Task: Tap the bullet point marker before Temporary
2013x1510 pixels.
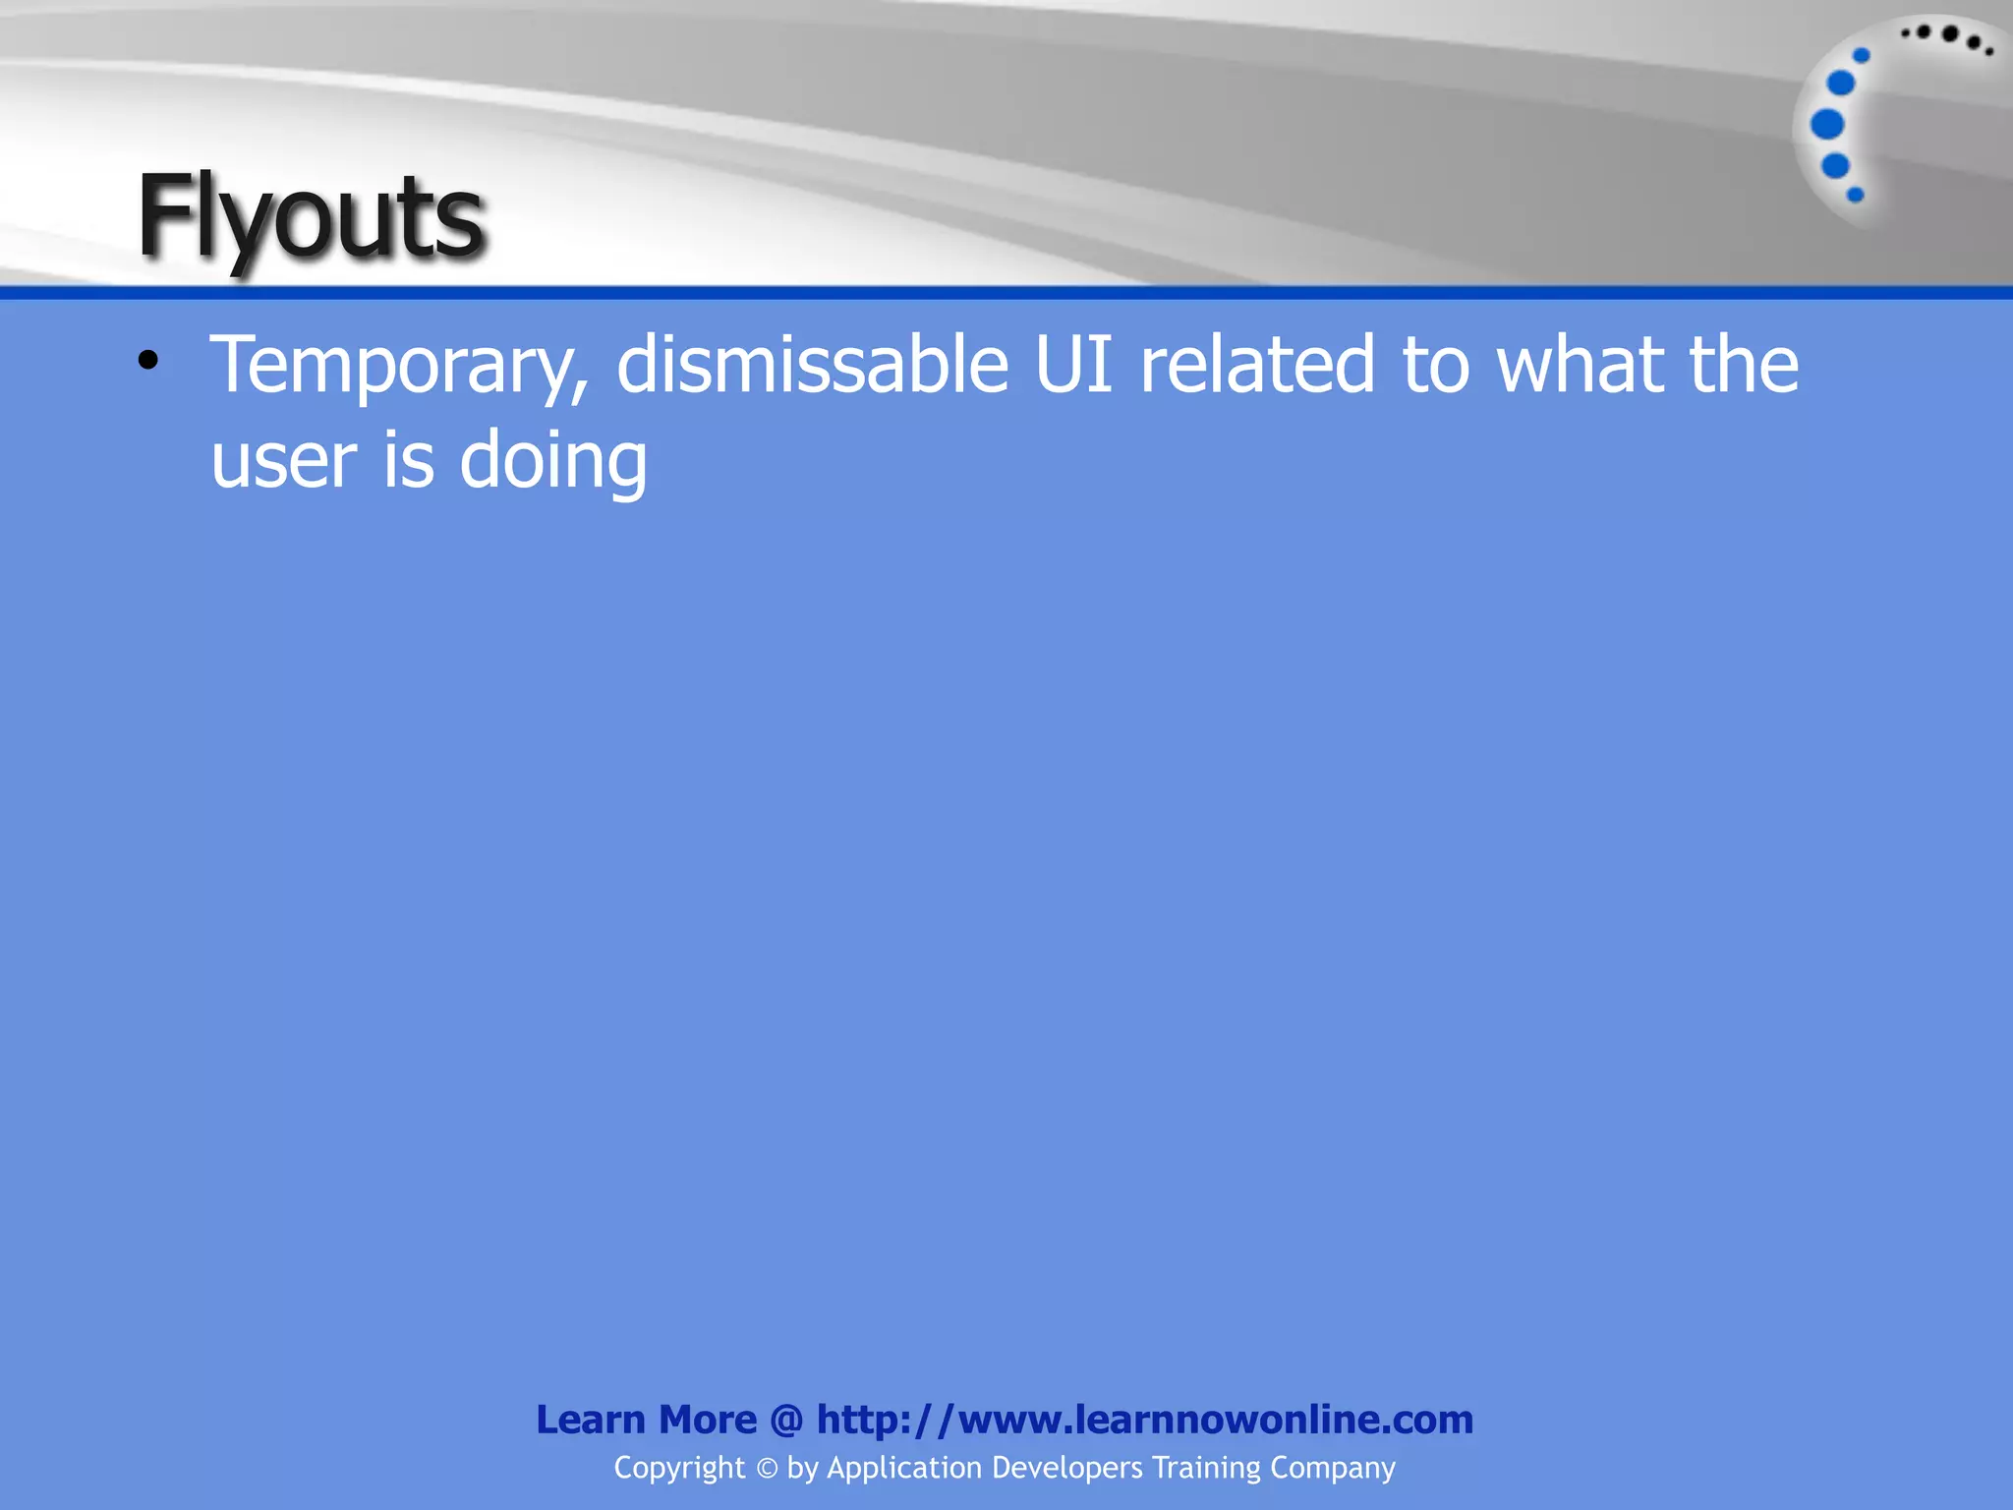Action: click(x=148, y=361)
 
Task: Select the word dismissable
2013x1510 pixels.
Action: click(x=813, y=364)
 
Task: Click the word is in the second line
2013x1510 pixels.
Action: click(x=408, y=460)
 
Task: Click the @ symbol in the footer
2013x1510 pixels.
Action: click(x=786, y=1421)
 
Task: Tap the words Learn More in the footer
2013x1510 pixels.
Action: click(x=646, y=1420)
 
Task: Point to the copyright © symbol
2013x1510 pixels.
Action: click(x=767, y=1469)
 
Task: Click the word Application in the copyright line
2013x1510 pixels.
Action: click(x=904, y=1469)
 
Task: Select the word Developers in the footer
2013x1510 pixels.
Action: click(x=1067, y=1468)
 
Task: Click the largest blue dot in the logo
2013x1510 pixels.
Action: click(x=1827, y=125)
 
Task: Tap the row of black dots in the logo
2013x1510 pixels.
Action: click(x=1947, y=38)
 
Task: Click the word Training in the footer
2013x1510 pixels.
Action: click(x=1206, y=1469)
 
